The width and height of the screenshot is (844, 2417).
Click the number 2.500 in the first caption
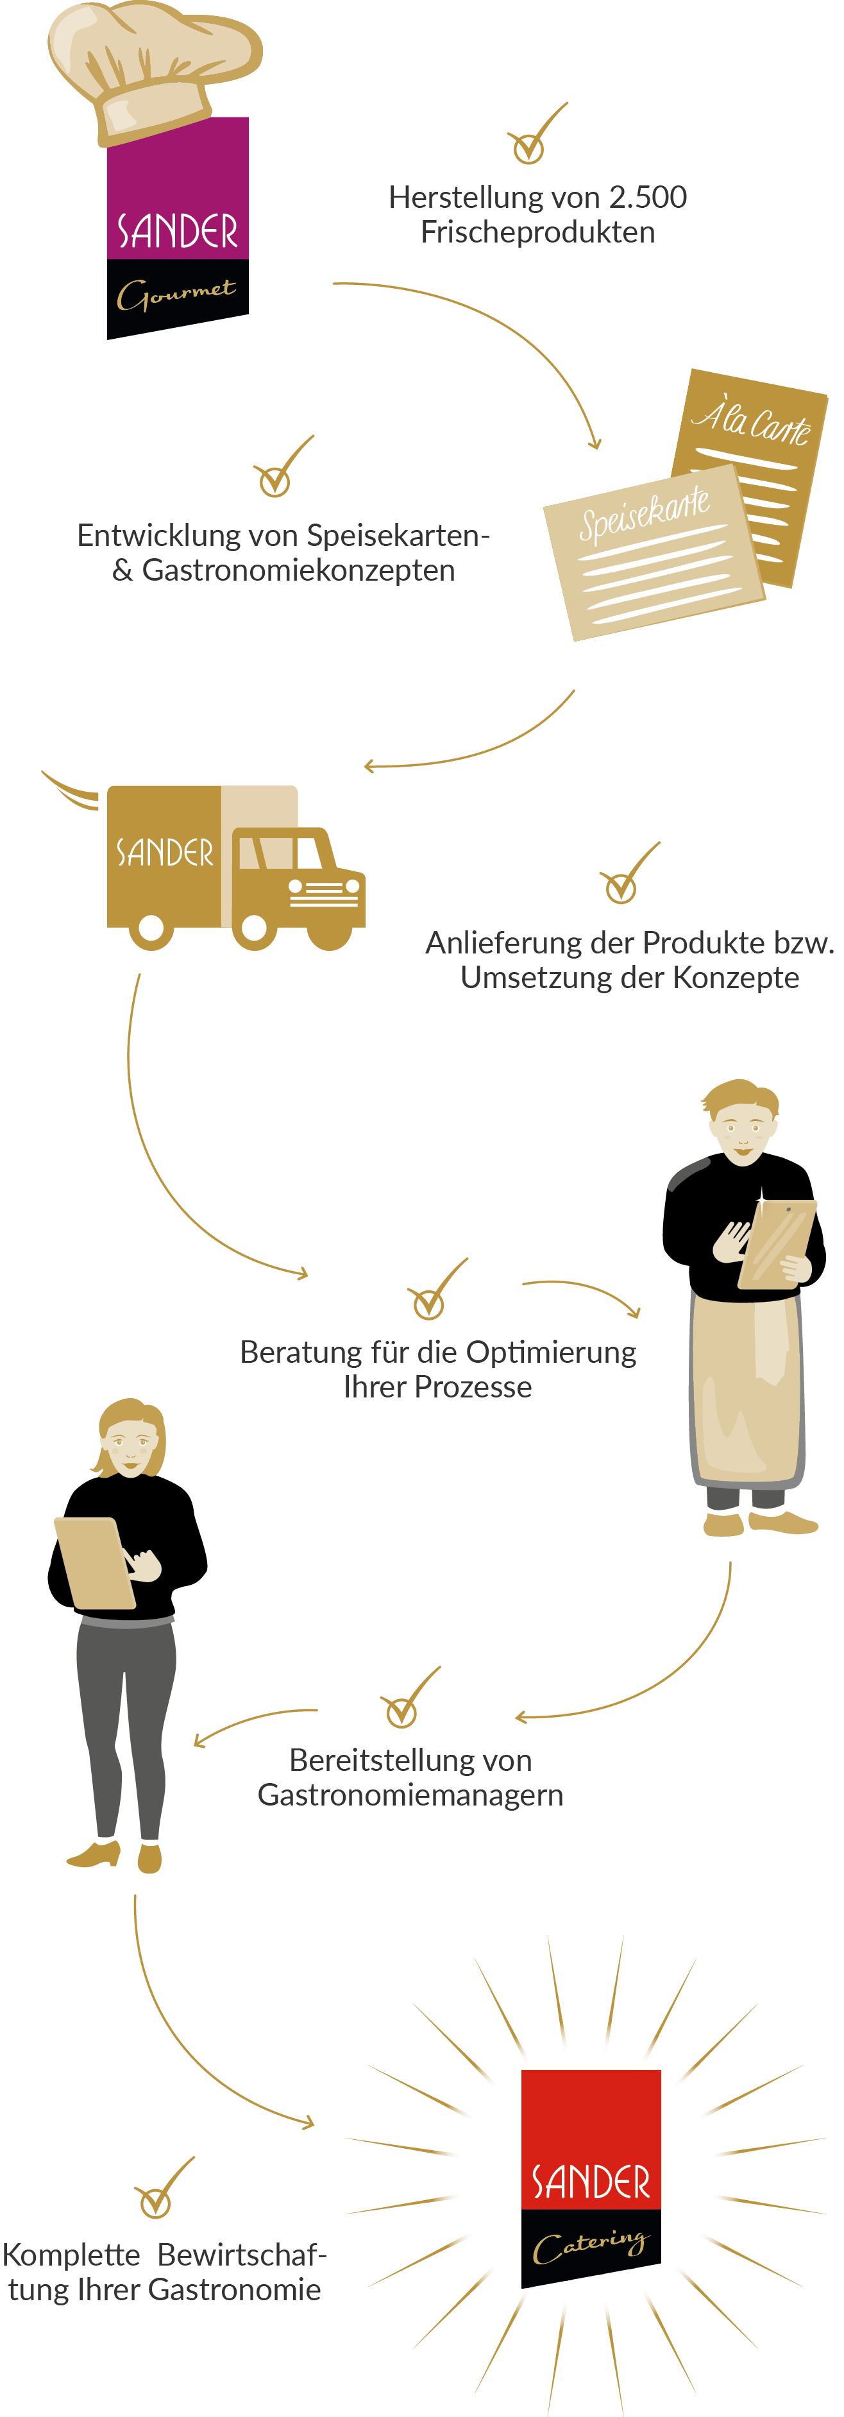(647, 197)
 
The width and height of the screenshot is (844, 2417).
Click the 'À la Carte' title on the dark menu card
(752, 420)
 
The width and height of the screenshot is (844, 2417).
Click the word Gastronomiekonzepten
(298, 570)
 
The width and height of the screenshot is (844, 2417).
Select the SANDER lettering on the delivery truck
(164, 853)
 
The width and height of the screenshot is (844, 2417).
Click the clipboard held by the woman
(94, 1562)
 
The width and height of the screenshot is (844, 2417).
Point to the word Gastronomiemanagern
(410, 1795)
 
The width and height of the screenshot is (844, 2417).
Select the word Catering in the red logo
(591, 2245)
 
